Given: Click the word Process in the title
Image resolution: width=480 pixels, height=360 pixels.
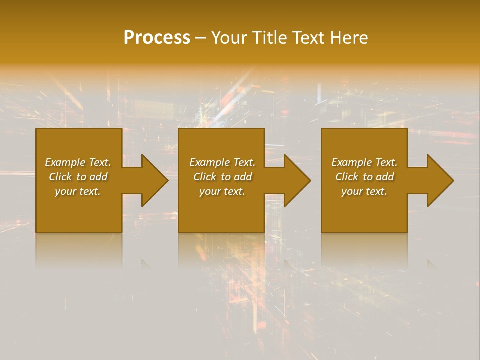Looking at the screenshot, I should pyautogui.click(x=157, y=38).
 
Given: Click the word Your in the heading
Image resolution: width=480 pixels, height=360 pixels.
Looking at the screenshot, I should pyautogui.click(x=229, y=38).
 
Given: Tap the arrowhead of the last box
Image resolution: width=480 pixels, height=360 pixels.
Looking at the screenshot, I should pyautogui.click(x=439, y=180).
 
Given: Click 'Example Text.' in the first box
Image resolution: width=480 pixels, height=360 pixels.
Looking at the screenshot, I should pyautogui.click(x=78, y=162).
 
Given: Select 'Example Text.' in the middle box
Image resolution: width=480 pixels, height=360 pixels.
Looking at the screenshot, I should pyautogui.click(x=222, y=162).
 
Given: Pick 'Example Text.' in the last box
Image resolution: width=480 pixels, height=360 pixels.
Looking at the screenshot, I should pyautogui.click(x=364, y=162).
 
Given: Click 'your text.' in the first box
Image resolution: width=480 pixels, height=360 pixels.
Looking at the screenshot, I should pyautogui.click(x=78, y=191).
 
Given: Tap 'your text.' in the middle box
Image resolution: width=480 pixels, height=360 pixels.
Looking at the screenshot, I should pyautogui.click(x=222, y=191).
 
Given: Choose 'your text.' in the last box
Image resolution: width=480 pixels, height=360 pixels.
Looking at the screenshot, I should pyautogui.click(x=364, y=191).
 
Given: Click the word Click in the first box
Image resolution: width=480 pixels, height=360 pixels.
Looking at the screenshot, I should pyautogui.click(x=60, y=177).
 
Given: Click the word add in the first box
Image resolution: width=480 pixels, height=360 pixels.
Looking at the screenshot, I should pyautogui.click(x=99, y=177).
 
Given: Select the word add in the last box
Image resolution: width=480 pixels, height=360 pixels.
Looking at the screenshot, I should pyautogui.click(x=385, y=177).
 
